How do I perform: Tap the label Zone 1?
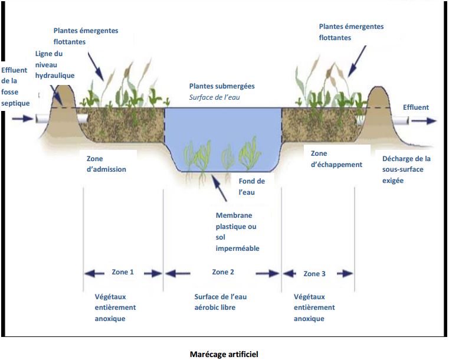[123, 273]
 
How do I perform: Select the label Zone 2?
[223, 272]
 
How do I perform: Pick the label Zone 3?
[314, 274]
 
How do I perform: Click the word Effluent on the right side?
[415, 107]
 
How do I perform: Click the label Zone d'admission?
[106, 164]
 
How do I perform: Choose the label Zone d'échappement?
[336, 159]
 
